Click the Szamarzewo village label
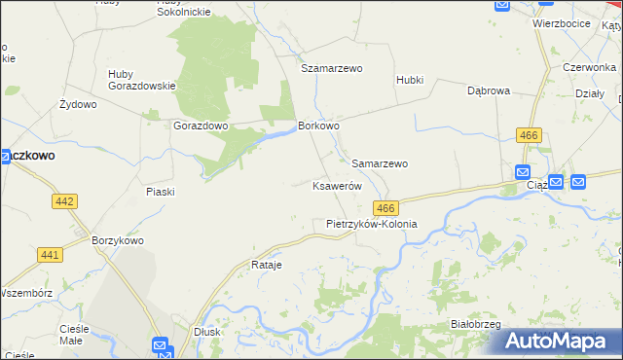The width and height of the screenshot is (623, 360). (x=331, y=69)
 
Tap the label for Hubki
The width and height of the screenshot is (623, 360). (x=410, y=80)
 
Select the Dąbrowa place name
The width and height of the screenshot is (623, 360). (x=489, y=90)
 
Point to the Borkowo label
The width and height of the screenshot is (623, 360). (x=318, y=126)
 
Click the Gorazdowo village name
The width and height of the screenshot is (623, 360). (x=200, y=126)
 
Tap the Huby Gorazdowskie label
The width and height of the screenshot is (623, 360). (x=141, y=86)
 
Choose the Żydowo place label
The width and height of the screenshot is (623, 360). (x=78, y=104)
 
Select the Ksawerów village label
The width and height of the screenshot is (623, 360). (x=337, y=186)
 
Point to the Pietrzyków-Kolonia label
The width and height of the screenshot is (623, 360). (x=371, y=224)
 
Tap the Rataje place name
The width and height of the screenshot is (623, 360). (x=266, y=265)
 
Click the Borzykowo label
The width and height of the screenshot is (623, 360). (x=117, y=240)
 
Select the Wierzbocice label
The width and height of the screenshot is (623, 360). (x=562, y=23)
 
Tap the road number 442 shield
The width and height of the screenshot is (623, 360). (x=64, y=200)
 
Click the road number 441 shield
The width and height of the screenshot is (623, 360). (x=51, y=255)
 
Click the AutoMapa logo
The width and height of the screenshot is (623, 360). (x=561, y=342)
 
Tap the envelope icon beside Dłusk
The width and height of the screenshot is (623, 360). (x=161, y=344)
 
